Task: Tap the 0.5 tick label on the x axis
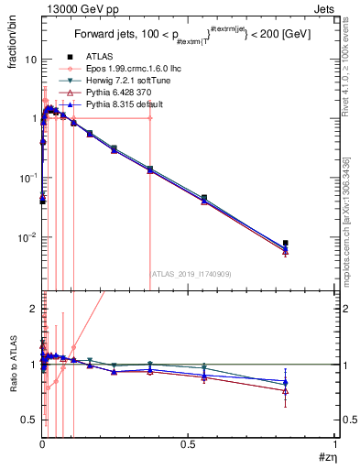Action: tap(188, 443)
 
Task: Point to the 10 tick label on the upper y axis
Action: tap(29, 59)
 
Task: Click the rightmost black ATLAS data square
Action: tap(286, 244)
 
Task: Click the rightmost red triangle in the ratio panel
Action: tap(286, 391)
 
